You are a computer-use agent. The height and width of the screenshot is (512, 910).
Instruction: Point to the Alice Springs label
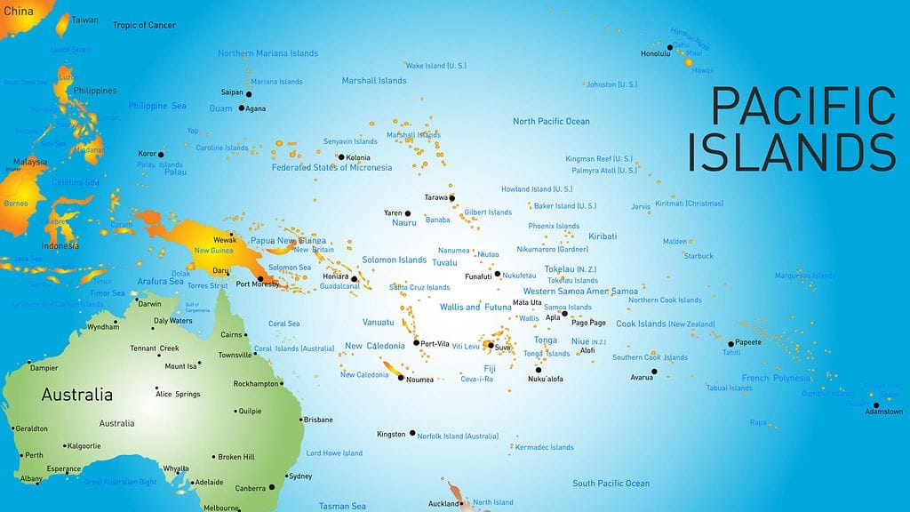178,394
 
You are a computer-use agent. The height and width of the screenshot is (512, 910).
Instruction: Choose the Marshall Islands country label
374,81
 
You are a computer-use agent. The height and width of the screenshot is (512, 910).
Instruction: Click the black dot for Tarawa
451,197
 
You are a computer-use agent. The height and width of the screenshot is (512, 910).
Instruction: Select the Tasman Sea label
342,507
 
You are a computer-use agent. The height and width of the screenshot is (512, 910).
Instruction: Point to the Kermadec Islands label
544,447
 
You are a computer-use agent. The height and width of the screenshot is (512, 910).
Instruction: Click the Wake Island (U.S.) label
436,66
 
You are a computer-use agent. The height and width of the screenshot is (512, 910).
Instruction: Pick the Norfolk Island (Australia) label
459,436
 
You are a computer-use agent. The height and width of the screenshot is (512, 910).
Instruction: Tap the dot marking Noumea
402,378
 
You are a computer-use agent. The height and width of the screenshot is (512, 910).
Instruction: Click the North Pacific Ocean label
551,122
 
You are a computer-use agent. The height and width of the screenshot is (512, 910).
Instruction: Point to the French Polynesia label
776,378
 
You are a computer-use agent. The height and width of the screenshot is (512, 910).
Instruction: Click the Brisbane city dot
298,420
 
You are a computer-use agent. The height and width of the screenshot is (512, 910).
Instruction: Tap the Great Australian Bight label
120,483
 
